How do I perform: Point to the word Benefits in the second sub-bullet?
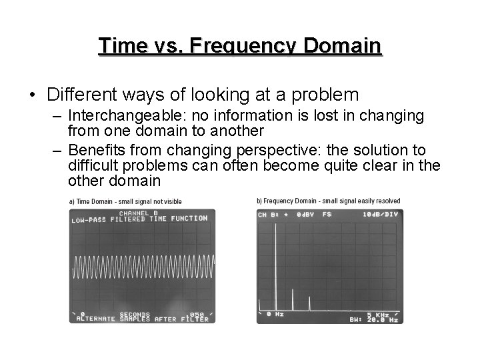point(95,150)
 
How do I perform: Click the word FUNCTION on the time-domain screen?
point(189,219)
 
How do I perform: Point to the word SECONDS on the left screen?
point(135,314)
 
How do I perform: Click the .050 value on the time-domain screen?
point(197,314)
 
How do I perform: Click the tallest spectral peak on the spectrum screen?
point(275,267)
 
